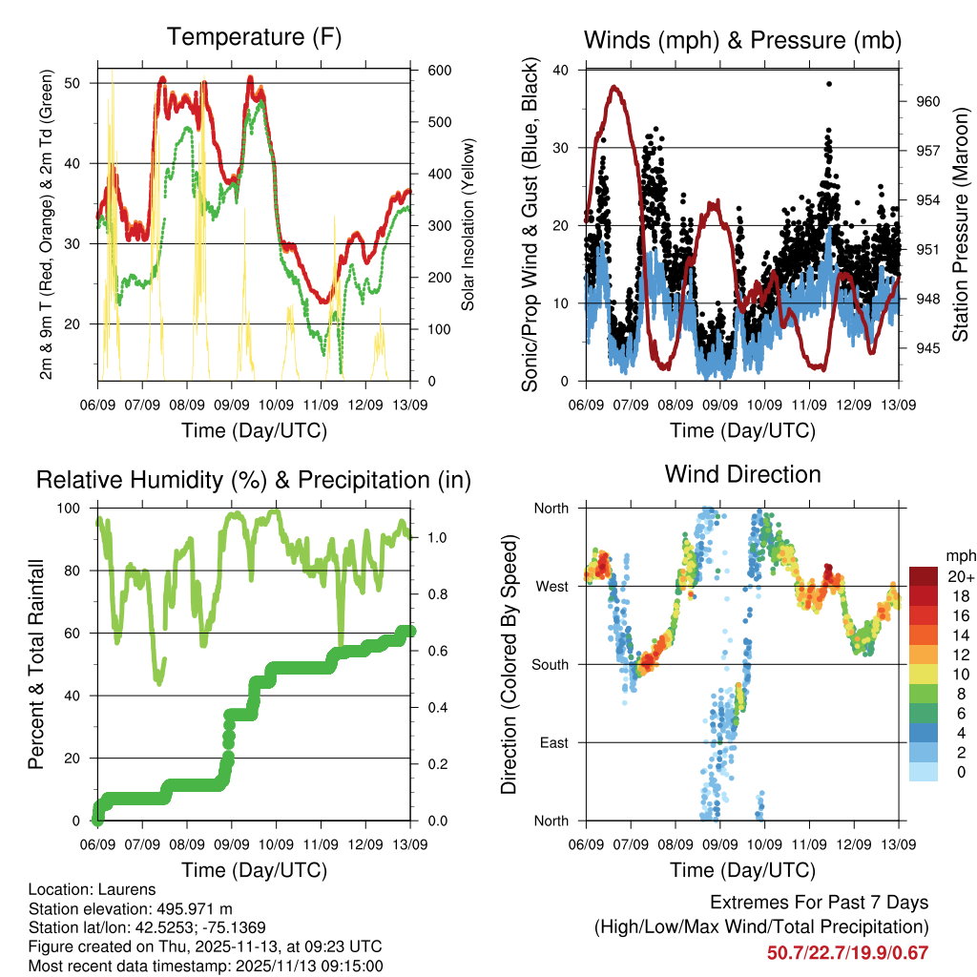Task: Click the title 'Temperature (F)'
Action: pyautogui.click(x=254, y=37)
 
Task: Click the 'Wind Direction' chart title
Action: pyautogui.click(x=742, y=473)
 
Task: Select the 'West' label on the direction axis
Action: pyautogui.click(x=551, y=586)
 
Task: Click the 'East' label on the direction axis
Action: pyautogui.click(x=552, y=742)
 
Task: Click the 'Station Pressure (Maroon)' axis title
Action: pyautogui.click(x=961, y=225)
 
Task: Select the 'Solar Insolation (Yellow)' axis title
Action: pyautogui.click(x=468, y=225)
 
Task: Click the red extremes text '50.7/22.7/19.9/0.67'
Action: pyautogui.click(x=847, y=952)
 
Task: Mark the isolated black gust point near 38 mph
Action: pyautogui.click(x=829, y=84)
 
